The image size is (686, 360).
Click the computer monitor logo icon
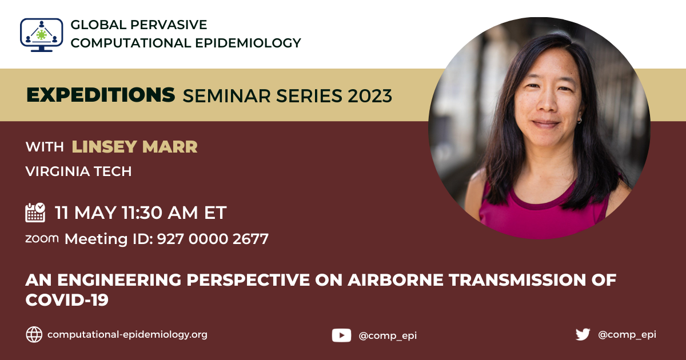point(42,35)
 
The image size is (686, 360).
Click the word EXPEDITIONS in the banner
point(101,95)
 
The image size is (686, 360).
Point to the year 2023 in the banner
point(370,96)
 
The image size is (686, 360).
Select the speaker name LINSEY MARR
point(135,147)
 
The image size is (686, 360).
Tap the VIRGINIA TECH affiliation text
point(79,171)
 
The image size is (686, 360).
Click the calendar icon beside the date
point(35,212)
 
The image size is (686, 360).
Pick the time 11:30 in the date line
point(142,213)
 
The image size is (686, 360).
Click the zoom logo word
point(42,238)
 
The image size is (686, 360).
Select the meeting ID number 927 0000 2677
point(213,239)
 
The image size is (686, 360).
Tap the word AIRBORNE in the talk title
point(396,280)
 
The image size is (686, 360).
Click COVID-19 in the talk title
point(67,299)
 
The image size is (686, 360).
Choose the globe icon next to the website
point(34,334)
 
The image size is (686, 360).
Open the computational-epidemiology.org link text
point(127,335)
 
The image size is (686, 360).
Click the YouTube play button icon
point(341,335)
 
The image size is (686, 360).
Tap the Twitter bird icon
point(583,335)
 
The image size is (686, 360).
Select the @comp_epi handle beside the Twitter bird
point(627,335)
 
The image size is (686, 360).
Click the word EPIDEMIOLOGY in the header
point(248,43)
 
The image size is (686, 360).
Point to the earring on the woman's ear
point(579,121)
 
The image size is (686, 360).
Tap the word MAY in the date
point(95,213)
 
